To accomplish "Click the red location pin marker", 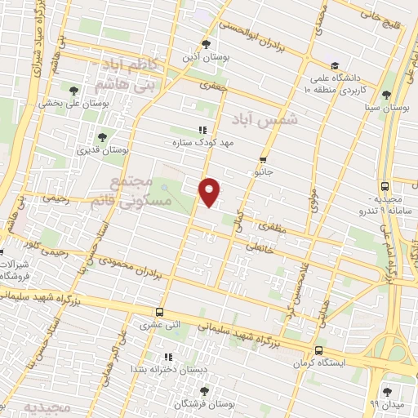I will click(x=210, y=191).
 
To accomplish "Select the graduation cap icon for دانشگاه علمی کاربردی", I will click(x=333, y=66).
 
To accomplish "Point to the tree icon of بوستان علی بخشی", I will click(x=73, y=91).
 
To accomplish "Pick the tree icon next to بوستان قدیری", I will click(x=102, y=138).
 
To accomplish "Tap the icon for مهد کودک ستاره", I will click(x=202, y=130).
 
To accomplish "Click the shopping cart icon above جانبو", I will click(x=263, y=160).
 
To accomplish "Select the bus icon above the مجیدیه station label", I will click(x=385, y=186).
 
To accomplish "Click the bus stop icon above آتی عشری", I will click(x=160, y=312).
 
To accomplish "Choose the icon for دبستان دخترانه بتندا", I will click(x=168, y=357).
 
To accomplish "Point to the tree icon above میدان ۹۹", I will click(x=387, y=391).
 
